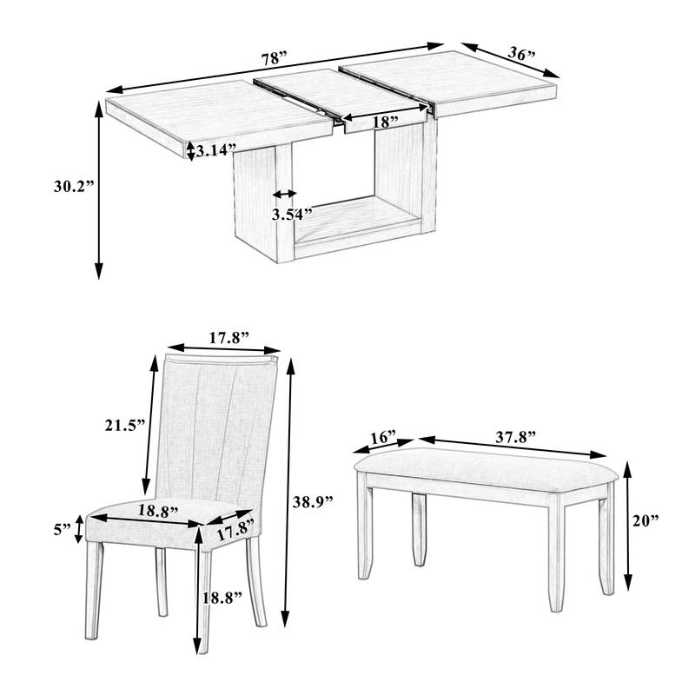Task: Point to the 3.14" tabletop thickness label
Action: tap(216, 150)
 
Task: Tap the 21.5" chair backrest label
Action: tap(120, 426)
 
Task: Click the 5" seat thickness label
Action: tap(61, 528)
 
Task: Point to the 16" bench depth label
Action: tap(381, 436)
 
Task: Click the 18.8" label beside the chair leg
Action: tap(222, 597)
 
